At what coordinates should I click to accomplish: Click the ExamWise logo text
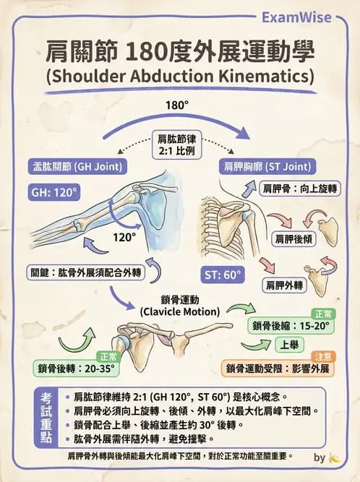(x=296, y=17)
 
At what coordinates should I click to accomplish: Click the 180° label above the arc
(x=177, y=106)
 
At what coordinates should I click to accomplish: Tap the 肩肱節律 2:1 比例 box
(x=177, y=145)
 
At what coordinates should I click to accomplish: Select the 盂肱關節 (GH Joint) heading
(x=77, y=167)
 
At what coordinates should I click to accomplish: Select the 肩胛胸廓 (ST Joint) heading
(x=267, y=167)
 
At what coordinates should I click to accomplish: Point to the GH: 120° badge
(x=53, y=192)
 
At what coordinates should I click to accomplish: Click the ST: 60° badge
(x=223, y=275)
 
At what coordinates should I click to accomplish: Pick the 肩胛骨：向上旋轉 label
(x=299, y=189)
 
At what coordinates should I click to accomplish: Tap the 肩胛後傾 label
(x=293, y=239)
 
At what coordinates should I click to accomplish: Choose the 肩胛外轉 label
(x=284, y=285)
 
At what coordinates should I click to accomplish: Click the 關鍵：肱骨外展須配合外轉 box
(x=86, y=272)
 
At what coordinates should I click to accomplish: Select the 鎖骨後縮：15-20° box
(x=291, y=325)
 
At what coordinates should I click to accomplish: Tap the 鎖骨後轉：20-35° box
(x=76, y=369)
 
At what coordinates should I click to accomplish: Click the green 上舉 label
(x=289, y=345)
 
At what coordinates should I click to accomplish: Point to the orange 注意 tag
(x=323, y=356)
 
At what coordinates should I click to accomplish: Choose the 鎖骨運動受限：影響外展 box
(x=278, y=369)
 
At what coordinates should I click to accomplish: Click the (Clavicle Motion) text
(x=180, y=311)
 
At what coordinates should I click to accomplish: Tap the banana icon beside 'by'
(x=334, y=458)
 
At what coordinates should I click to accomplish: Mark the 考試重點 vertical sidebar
(x=46, y=418)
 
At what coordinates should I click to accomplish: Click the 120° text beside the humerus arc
(x=124, y=237)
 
